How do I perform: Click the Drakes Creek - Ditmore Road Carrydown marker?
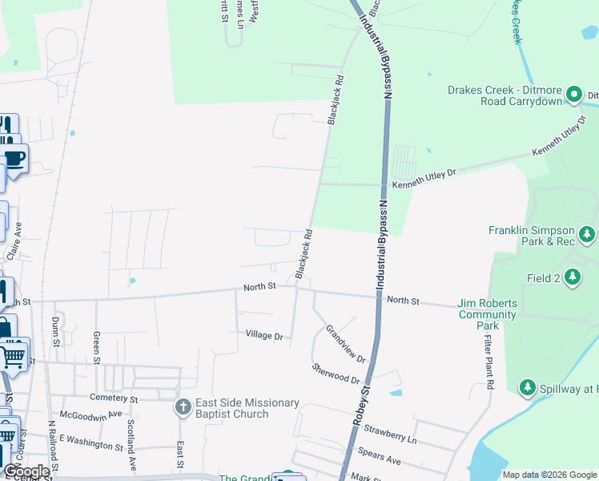click(573, 95)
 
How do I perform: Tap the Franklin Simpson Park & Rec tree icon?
click(587, 234)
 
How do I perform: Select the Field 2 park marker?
click(572, 277)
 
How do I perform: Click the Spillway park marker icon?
click(527, 388)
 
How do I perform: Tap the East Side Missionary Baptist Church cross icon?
click(183, 407)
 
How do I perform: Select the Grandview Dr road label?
click(345, 344)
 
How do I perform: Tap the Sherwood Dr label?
click(336, 373)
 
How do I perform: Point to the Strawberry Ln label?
click(390, 434)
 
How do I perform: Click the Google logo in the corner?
click(26, 471)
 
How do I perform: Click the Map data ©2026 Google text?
click(549, 475)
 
